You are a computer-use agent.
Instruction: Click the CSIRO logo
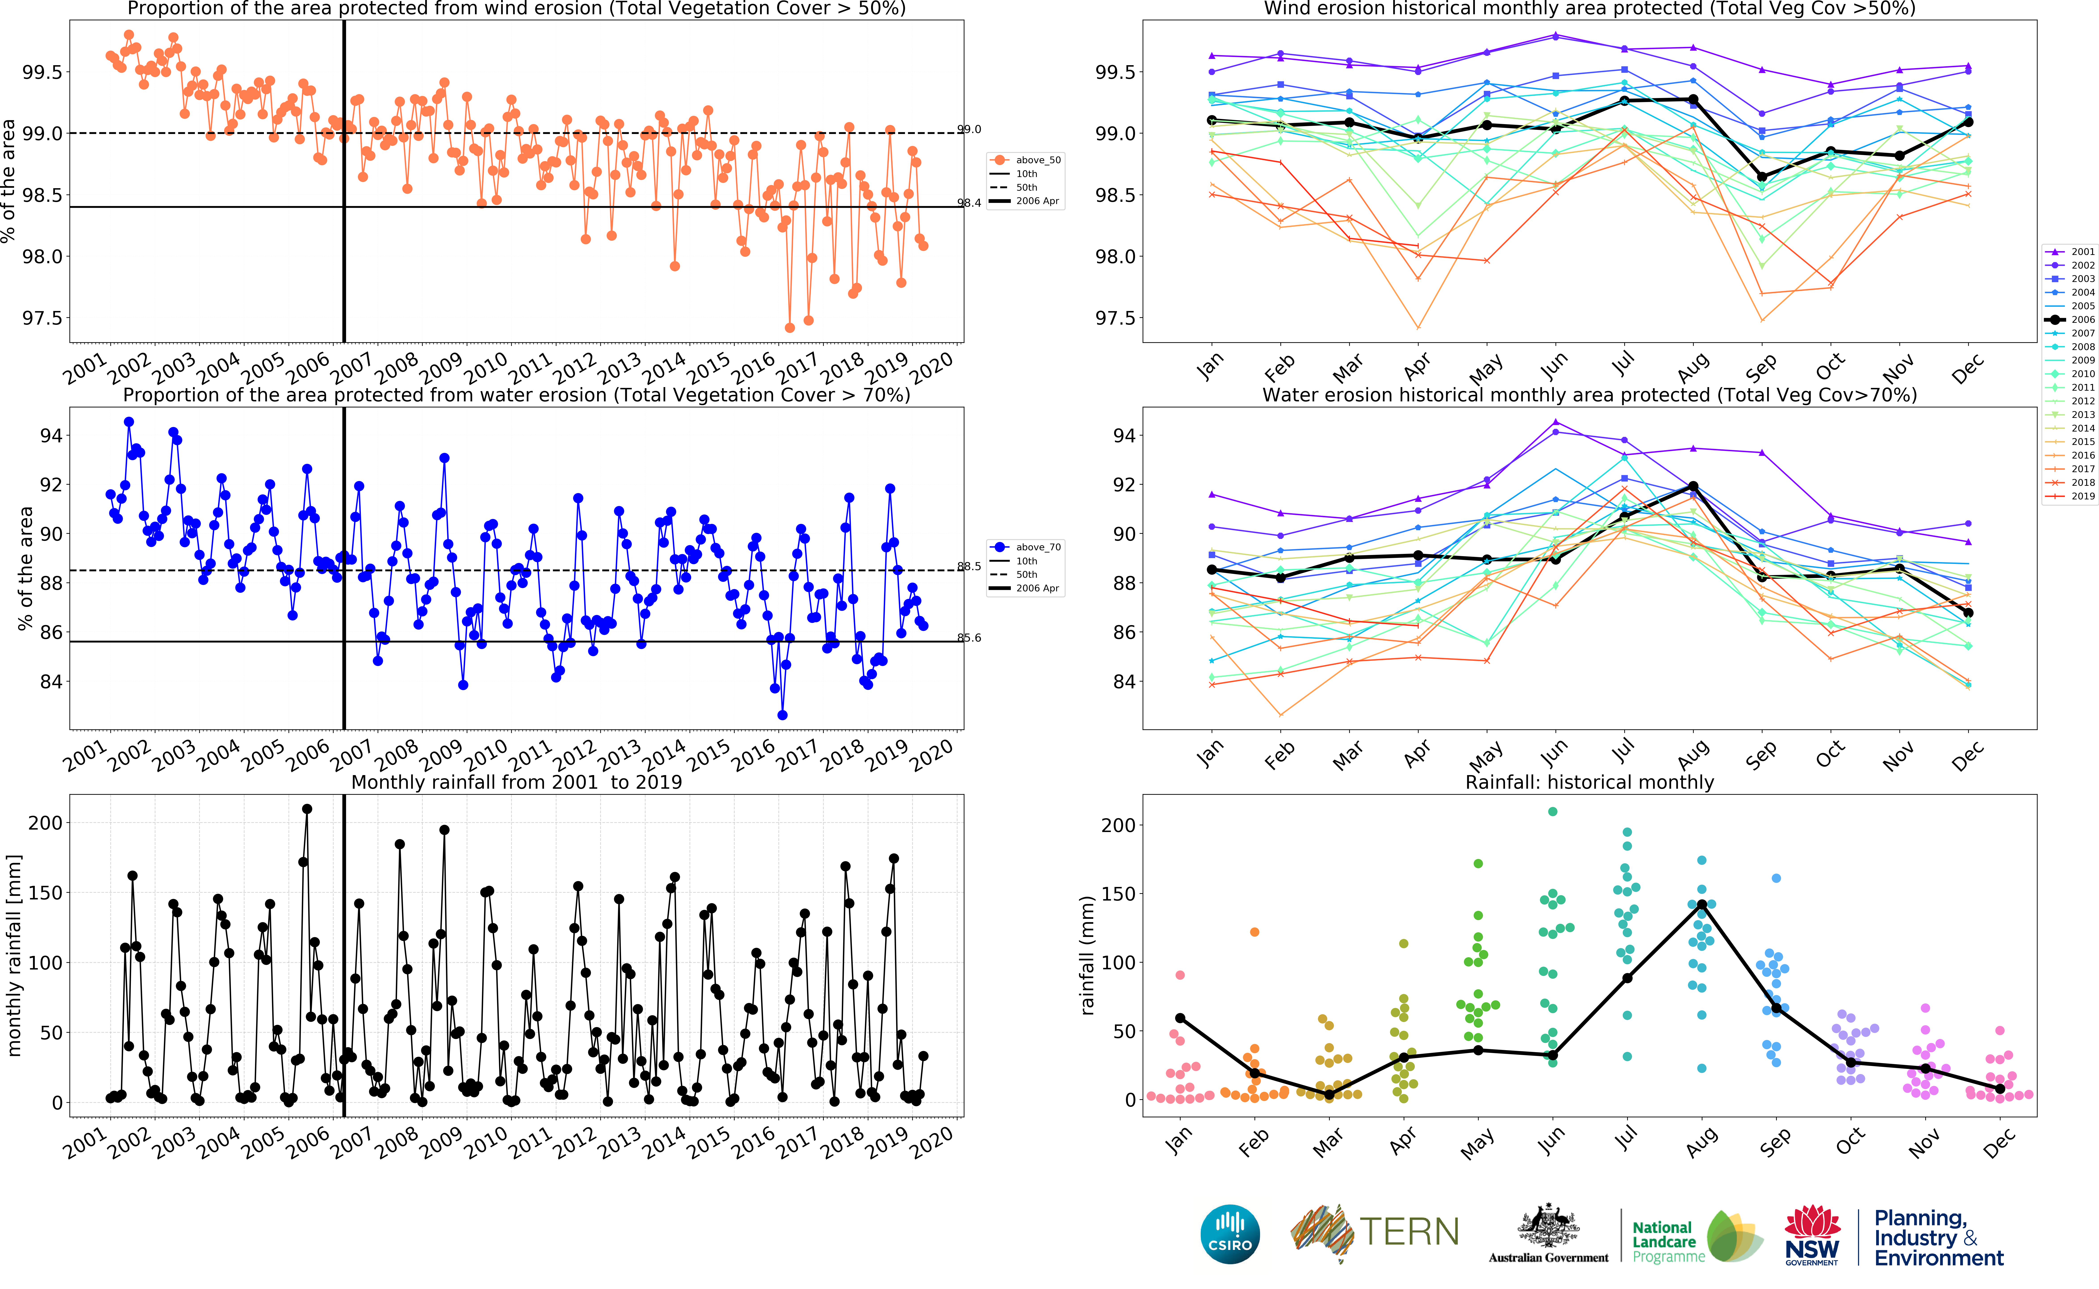(x=1229, y=1234)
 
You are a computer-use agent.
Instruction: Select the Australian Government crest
(x=1547, y=1228)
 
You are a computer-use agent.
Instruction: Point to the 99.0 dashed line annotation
(x=969, y=129)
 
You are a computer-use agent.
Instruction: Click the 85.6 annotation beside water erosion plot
(x=969, y=638)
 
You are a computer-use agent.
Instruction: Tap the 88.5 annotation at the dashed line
(x=969, y=566)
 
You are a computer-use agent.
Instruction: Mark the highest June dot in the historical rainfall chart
(x=1553, y=811)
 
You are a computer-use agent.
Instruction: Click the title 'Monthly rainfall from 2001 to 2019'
(x=517, y=783)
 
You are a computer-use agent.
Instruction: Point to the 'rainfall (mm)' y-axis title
(x=1087, y=955)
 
